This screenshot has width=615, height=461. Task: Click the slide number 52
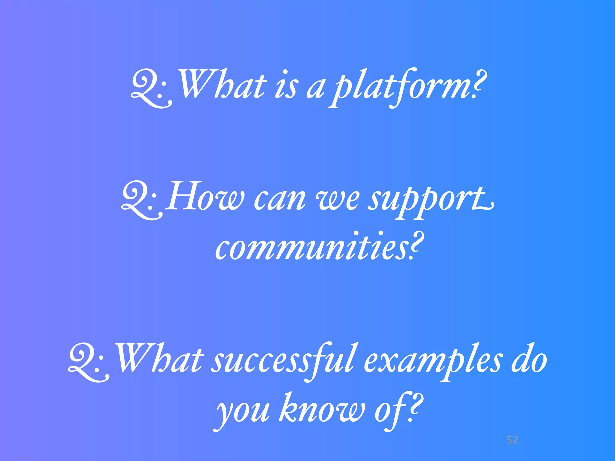coord(512,440)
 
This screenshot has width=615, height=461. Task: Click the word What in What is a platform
coord(222,86)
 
